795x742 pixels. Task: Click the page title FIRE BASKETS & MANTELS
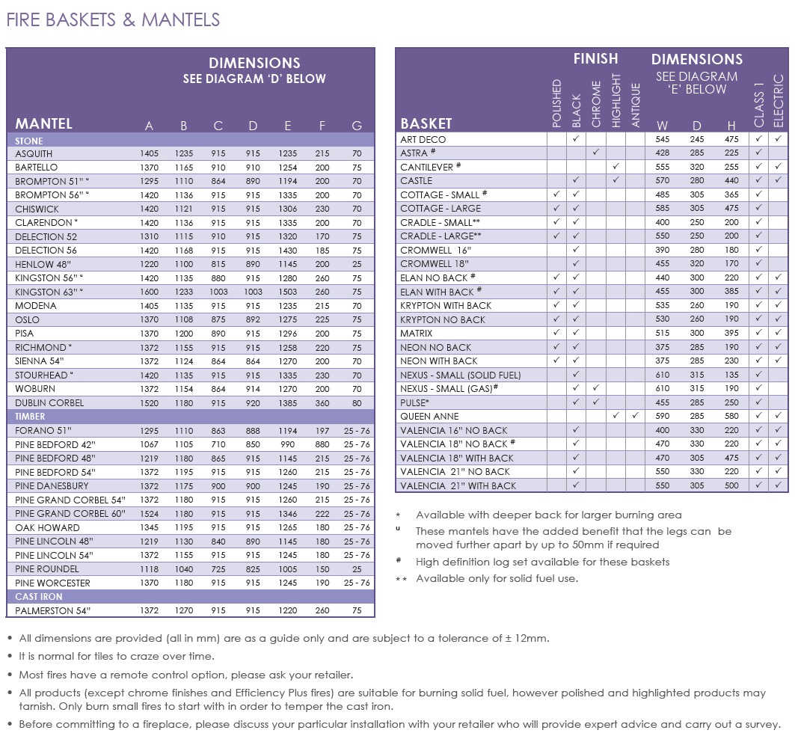click(x=113, y=19)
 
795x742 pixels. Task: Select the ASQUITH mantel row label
click(x=34, y=153)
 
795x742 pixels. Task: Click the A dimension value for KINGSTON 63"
click(x=149, y=292)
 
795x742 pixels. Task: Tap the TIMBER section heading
click(x=30, y=417)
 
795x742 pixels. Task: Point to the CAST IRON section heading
click(x=39, y=596)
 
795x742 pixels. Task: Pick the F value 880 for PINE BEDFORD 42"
click(x=322, y=444)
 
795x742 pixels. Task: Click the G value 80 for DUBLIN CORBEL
click(x=357, y=403)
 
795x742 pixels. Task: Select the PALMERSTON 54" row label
click(x=53, y=610)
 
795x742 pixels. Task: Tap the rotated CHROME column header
click(x=596, y=104)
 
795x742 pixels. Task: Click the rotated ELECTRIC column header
click(x=779, y=101)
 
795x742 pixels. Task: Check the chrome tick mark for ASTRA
click(x=596, y=152)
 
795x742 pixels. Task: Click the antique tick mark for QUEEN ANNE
click(x=635, y=415)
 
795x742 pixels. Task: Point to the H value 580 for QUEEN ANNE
click(x=731, y=416)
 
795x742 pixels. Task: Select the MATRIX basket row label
click(x=417, y=333)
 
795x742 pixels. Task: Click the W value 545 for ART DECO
click(x=662, y=139)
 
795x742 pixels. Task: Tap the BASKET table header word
click(x=426, y=123)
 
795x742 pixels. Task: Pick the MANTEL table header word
click(x=43, y=123)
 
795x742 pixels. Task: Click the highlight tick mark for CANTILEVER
click(x=616, y=166)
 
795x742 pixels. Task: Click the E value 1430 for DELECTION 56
click(x=287, y=251)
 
